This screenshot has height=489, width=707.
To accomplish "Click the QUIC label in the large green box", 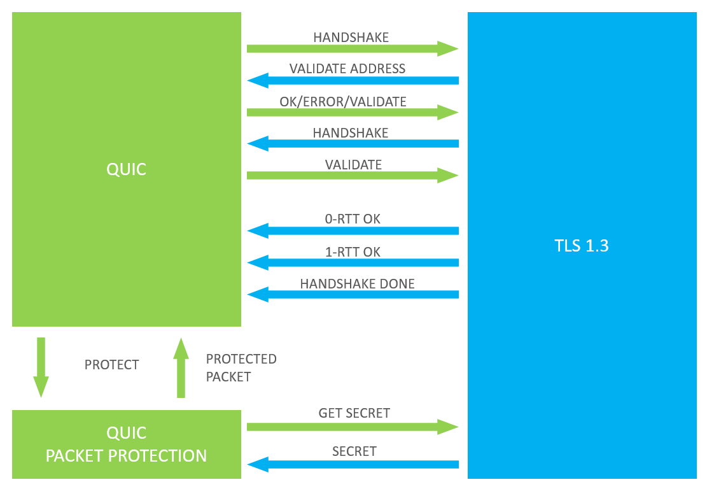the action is point(126,169).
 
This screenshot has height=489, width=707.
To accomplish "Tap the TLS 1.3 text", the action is point(581,245).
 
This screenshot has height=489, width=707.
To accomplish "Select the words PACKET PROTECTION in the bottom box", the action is point(126,456).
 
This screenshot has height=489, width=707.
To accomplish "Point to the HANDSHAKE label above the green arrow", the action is point(351,37).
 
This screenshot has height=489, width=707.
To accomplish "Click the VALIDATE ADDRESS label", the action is point(347,69).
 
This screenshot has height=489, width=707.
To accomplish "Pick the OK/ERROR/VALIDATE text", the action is point(342,101).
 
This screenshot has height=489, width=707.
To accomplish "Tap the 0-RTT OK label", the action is point(353,219).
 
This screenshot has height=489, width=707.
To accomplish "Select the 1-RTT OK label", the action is point(353,252).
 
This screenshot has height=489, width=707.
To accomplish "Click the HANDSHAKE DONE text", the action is point(357,284).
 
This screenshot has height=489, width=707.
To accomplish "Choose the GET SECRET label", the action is point(354,413).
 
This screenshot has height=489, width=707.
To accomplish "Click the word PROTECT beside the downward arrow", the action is point(112,364).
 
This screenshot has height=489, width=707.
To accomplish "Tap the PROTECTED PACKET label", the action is point(241,367).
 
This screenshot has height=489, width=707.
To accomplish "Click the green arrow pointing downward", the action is point(41,367).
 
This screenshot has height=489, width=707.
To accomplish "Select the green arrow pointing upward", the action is point(181,367).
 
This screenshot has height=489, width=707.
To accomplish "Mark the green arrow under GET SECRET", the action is point(353,427).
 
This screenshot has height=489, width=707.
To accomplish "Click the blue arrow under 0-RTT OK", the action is point(353,231).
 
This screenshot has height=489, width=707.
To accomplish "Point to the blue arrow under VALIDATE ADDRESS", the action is point(353,81).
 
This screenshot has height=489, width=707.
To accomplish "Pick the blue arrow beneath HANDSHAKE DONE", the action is point(353,295).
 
